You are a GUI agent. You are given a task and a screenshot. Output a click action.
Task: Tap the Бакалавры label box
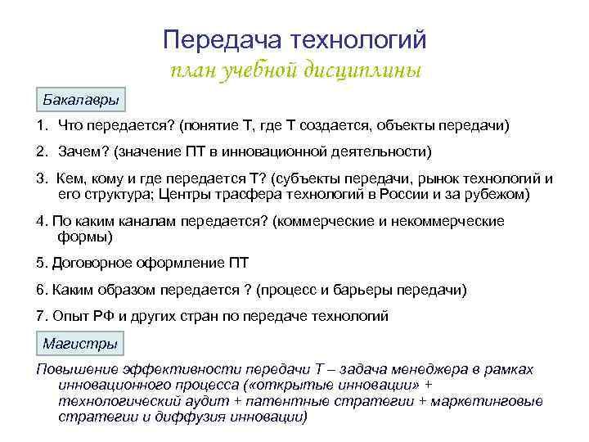tap(81, 100)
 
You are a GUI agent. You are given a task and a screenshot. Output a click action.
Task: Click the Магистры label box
tap(80, 343)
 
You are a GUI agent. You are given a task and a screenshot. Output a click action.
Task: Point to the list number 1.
tap(40, 125)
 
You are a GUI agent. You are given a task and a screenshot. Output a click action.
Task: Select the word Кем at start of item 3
tap(72, 178)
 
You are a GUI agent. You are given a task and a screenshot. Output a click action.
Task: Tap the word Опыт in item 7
tap(70, 315)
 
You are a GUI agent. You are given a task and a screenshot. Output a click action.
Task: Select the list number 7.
tap(40, 315)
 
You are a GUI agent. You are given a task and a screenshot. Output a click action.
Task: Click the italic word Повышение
tap(73, 369)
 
